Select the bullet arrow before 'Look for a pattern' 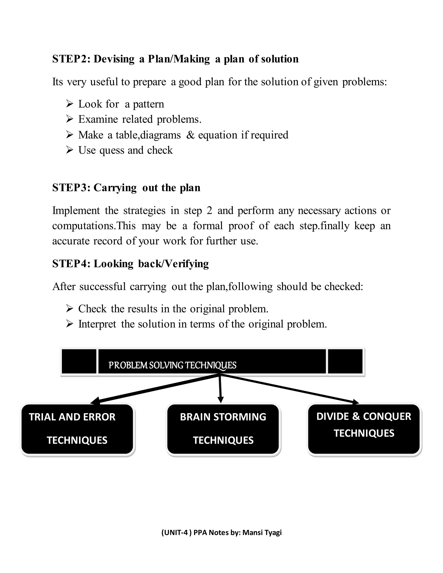coord(70,104)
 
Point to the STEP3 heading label coord(69,188)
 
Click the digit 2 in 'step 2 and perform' coord(209,211)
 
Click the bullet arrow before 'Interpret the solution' coord(70,324)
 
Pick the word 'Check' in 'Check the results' coord(92,309)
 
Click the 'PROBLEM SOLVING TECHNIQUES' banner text coord(172,365)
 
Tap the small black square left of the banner coord(79,362)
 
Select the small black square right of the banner coord(345,362)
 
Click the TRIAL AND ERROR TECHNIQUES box coord(77,429)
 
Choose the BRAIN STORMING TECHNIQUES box coord(223,429)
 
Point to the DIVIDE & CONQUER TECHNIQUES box coord(364,429)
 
